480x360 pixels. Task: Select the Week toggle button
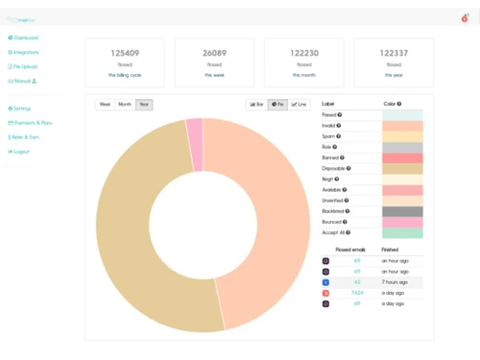tap(106, 104)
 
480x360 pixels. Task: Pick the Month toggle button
tap(125, 104)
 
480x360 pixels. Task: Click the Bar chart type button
tap(256, 104)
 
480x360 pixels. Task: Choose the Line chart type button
tap(300, 104)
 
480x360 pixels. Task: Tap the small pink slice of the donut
tap(194, 134)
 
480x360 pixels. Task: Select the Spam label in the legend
tap(330, 136)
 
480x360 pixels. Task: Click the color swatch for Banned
tap(402, 157)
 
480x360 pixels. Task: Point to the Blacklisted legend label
tap(334, 210)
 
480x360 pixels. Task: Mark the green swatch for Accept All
tap(402, 232)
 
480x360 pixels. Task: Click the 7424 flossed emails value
tap(357, 292)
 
